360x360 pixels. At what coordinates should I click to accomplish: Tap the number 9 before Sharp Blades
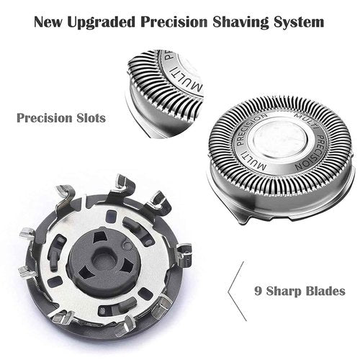(257, 292)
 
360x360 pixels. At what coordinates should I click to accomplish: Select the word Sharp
(283, 292)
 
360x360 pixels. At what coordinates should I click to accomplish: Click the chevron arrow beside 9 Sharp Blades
(233, 292)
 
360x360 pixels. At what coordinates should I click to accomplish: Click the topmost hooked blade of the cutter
(122, 181)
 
